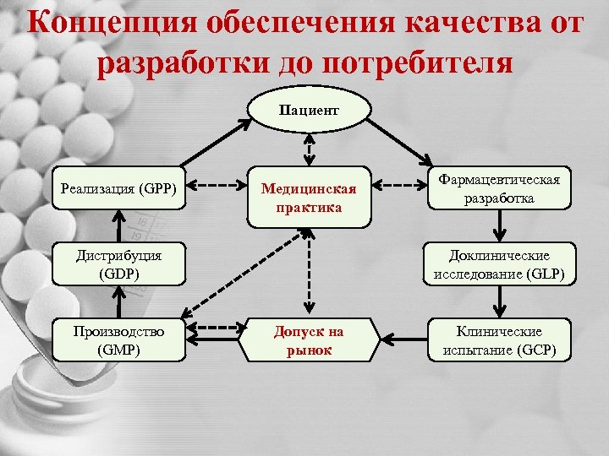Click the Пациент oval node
[x=310, y=111]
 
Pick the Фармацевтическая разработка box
[x=499, y=188]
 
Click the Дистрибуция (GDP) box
[x=119, y=263]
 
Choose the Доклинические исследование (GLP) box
[x=499, y=263]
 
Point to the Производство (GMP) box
[x=119, y=339]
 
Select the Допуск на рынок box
[x=310, y=339]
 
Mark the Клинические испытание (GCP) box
[x=499, y=339]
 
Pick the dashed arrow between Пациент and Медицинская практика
[x=310, y=149]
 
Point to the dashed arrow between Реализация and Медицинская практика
[x=216, y=184]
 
